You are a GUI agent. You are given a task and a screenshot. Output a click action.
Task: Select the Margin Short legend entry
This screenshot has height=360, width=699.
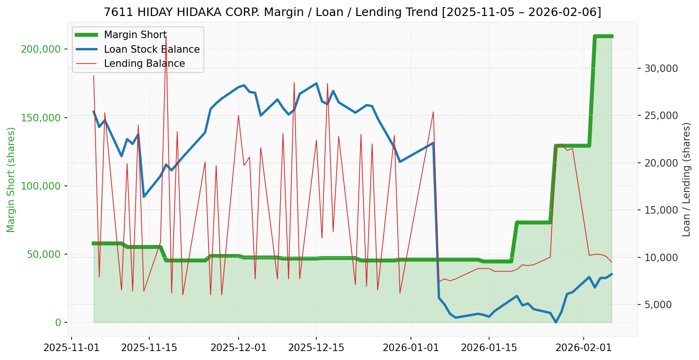click(135, 35)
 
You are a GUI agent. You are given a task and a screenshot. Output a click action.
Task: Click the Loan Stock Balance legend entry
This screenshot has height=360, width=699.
click(152, 49)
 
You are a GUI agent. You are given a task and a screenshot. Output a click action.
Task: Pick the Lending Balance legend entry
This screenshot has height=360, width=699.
click(144, 64)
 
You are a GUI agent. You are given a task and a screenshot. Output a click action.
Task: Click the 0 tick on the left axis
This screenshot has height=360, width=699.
click(58, 322)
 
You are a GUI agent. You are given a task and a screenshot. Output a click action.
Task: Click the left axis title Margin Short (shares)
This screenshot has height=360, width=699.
click(11, 180)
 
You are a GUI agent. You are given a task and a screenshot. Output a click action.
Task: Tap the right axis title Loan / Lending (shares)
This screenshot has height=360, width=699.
click(686, 180)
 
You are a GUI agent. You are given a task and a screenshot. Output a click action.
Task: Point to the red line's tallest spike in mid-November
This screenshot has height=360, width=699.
click(166, 36)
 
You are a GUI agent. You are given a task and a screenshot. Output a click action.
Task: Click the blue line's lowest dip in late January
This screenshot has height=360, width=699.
click(555, 322)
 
